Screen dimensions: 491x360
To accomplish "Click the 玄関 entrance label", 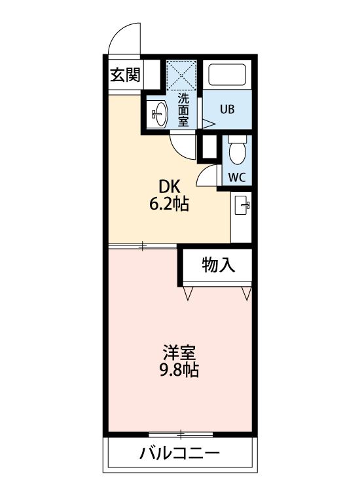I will point(124,75).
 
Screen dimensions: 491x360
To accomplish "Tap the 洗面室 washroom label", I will point(184,109).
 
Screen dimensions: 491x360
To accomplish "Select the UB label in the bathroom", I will point(226,109).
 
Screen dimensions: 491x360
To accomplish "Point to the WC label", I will point(236,177).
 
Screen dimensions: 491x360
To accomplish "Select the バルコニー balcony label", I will point(178,453).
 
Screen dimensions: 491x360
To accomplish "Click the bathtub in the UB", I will point(226,74).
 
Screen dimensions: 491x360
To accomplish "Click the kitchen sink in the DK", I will point(243,208).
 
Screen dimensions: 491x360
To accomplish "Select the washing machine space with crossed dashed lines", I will point(182,75).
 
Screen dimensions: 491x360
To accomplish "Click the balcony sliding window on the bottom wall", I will point(180,433).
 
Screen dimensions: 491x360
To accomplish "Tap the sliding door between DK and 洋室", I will point(143,246).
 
